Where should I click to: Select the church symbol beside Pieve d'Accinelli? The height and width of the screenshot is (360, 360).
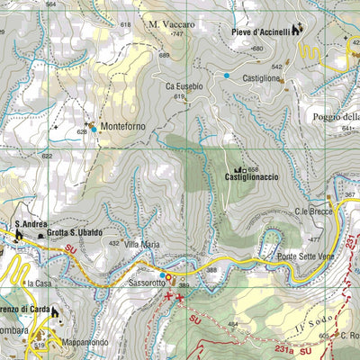click(298, 30)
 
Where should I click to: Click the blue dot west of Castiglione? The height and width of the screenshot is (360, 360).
click(226, 76)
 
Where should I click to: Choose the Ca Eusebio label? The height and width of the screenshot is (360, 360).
click(184, 85)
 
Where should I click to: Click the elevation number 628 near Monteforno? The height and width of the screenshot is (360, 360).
click(82, 132)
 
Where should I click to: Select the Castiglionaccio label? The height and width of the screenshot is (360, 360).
click(251, 178)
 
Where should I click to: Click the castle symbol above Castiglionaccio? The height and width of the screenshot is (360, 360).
click(239, 169)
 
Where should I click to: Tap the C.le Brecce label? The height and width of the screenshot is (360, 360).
click(313, 211)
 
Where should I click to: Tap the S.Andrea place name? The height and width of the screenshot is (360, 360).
click(30, 225)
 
